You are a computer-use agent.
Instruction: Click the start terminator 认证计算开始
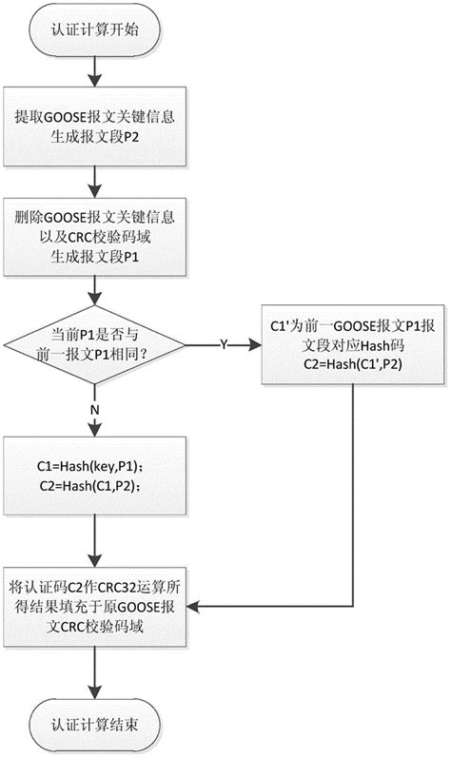click(x=93, y=29)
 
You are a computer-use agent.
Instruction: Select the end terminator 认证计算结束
click(x=93, y=724)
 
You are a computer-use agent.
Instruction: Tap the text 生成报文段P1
click(x=92, y=257)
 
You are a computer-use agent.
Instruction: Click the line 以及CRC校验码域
click(x=92, y=239)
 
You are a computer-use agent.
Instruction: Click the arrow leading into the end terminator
click(x=93, y=674)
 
